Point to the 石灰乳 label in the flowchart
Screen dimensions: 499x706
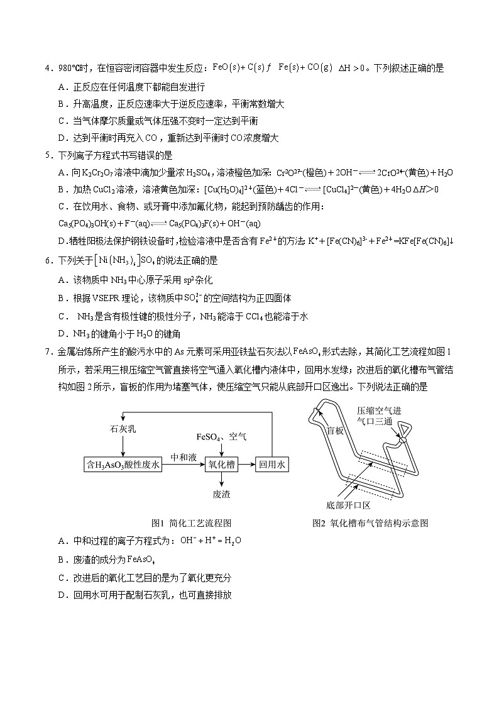[x=123, y=429]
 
